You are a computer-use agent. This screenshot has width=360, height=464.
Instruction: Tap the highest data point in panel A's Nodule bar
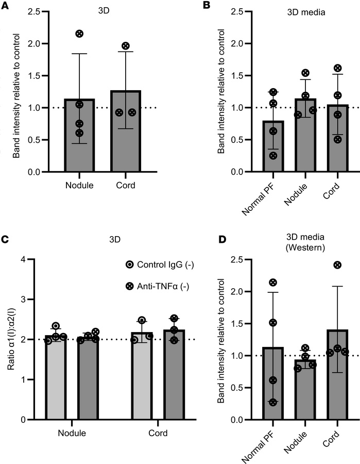79,34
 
